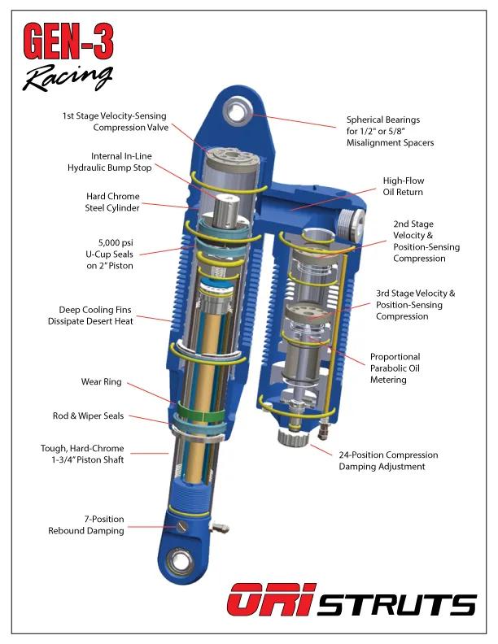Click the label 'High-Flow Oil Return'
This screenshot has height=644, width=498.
pyautogui.click(x=404, y=186)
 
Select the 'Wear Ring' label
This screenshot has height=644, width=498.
pyautogui.click(x=102, y=381)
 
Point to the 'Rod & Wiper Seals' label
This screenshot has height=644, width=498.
pyautogui.click(x=89, y=416)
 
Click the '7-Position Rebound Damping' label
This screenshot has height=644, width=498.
pyautogui.click(x=86, y=524)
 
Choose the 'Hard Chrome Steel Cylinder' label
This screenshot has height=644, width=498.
pyautogui.click(x=113, y=202)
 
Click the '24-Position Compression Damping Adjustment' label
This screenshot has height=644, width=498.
pyautogui.click(x=388, y=461)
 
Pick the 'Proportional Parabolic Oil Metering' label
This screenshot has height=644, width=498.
pyautogui.click(x=395, y=368)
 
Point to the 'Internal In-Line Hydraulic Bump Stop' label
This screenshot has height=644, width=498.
pyautogui.click(x=109, y=161)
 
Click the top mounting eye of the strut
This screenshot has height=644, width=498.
pyautogui.click(x=242, y=110)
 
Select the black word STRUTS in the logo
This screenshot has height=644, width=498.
pyautogui.click(x=397, y=605)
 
